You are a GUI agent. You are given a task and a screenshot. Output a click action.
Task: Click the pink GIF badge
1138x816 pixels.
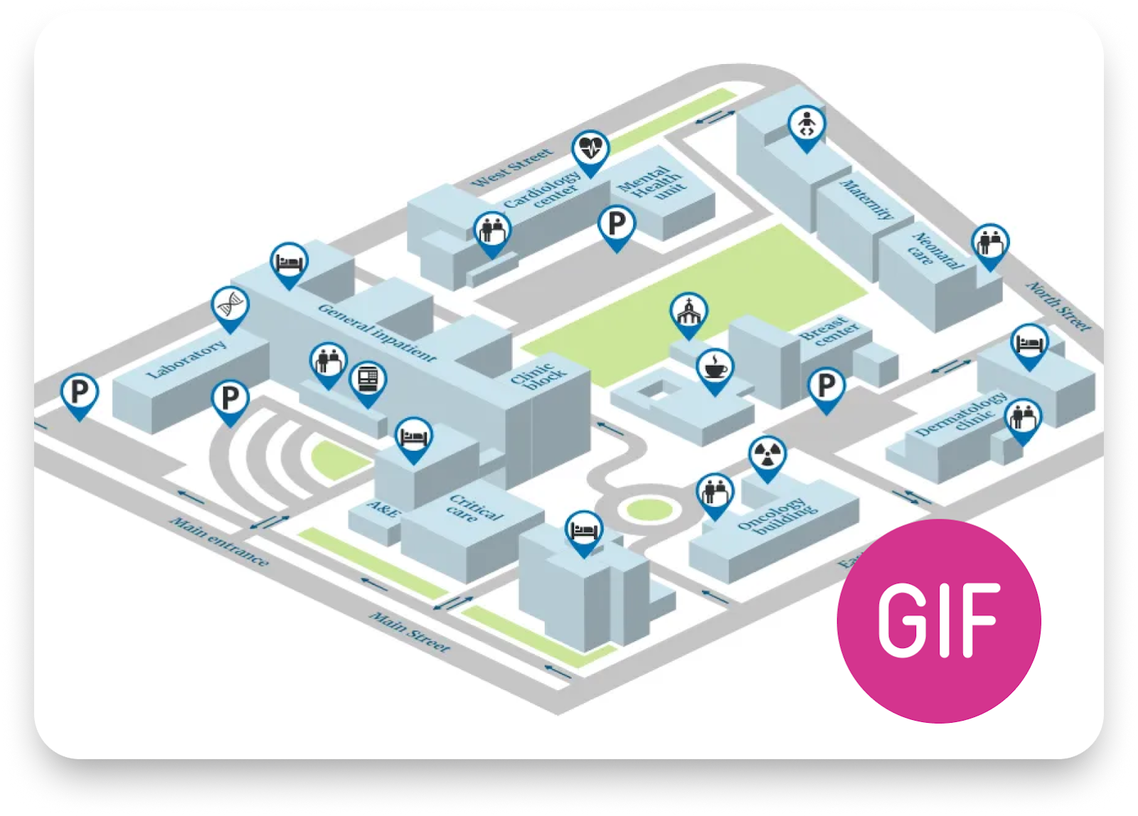pos(939,620)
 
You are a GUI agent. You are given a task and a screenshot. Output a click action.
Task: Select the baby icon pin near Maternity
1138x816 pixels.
pos(807,126)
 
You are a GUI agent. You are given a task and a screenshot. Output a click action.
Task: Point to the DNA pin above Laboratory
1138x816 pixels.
pos(230,306)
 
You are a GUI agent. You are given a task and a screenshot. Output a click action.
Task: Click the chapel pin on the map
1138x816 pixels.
pos(688,312)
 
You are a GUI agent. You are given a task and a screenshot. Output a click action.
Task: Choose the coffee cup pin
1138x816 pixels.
pos(715,368)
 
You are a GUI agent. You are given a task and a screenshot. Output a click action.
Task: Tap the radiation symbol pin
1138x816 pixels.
pos(767,455)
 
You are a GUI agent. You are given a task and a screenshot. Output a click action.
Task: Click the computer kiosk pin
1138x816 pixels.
pos(368,381)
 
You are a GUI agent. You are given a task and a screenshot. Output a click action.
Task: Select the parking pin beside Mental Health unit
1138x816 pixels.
pos(616,225)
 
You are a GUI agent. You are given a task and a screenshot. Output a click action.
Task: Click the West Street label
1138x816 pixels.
pos(512,168)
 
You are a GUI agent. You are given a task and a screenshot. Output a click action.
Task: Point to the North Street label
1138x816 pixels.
pos(1058,306)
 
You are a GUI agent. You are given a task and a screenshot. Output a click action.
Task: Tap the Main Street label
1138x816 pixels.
pos(410,632)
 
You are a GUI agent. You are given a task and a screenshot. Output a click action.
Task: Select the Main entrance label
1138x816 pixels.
pos(219,542)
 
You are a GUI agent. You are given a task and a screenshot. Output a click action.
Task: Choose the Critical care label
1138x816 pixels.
pos(475,508)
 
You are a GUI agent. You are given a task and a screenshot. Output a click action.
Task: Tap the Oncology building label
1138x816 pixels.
pos(777,516)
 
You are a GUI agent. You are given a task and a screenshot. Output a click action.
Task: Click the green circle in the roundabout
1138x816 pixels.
pos(646,509)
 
